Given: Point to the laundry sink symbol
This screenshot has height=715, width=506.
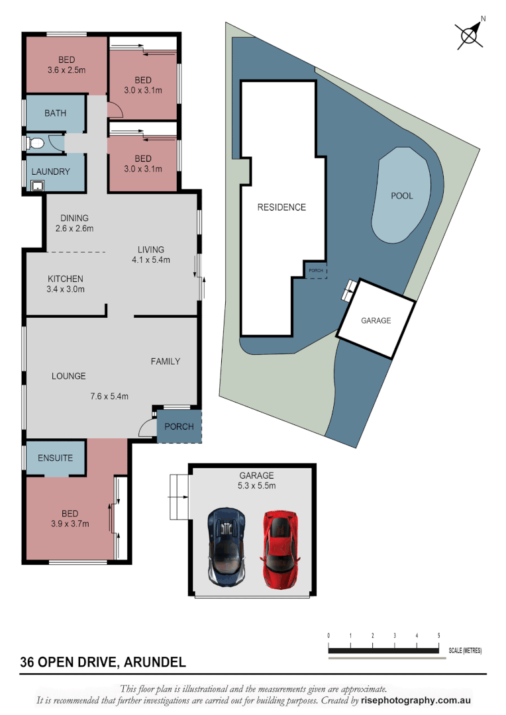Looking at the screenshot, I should pyautogui.click(x=38, y=185).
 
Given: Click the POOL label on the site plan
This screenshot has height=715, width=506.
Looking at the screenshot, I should pyautogui.click(x=401, y=196).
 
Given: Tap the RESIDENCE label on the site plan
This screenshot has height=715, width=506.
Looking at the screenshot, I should pyautogui.click(x=281, y=207).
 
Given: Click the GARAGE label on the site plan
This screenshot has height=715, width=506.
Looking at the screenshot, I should pyautogui.click(x=376, y=320).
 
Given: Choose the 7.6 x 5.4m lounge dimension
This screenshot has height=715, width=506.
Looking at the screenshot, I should pyautogui.click(x=109, y=397).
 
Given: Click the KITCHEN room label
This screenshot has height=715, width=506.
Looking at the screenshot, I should pyautogui.click(x=66, y=279).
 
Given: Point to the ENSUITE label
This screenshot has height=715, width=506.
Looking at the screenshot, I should pyautogui.click(x=55, y=458).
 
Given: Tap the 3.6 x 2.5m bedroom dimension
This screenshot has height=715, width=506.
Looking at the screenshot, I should pyautogui.click(x=66, y=70).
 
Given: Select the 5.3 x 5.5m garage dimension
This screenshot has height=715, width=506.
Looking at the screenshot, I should pyautogui.click(x=256, y=485).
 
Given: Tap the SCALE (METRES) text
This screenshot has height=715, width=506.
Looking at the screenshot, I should pyautogui.click(x=465, y=651).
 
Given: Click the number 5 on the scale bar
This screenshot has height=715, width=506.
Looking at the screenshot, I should pyautogui.click(x=438, y=636).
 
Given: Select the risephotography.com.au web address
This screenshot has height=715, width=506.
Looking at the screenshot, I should pyautogui.click(x=416, y=700).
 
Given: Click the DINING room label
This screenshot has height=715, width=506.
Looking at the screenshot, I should pyautogui.click(x=74, y=218).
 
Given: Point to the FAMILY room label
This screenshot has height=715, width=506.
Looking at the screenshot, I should pyautogui.click(x=166, y=361).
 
